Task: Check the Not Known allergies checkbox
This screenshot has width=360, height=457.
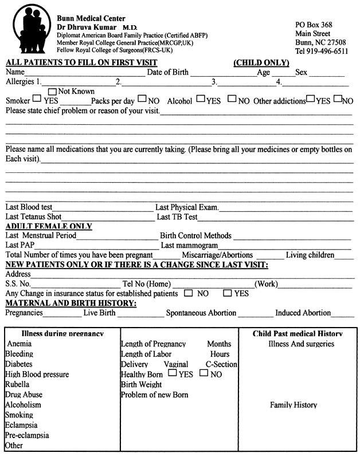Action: (53, 90)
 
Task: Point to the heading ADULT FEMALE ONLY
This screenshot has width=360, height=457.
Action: (48, 226)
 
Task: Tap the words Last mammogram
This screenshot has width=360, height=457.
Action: (189, 245)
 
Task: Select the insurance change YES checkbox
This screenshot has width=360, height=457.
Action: (227, 293)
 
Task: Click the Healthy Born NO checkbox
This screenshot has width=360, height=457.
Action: (204, 373)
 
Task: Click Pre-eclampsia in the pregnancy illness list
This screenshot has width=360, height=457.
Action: (27, 435)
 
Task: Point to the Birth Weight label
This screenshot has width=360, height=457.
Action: (141, 384)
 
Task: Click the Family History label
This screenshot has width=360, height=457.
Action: (293, 405)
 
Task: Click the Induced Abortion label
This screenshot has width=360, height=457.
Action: (303, 313)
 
